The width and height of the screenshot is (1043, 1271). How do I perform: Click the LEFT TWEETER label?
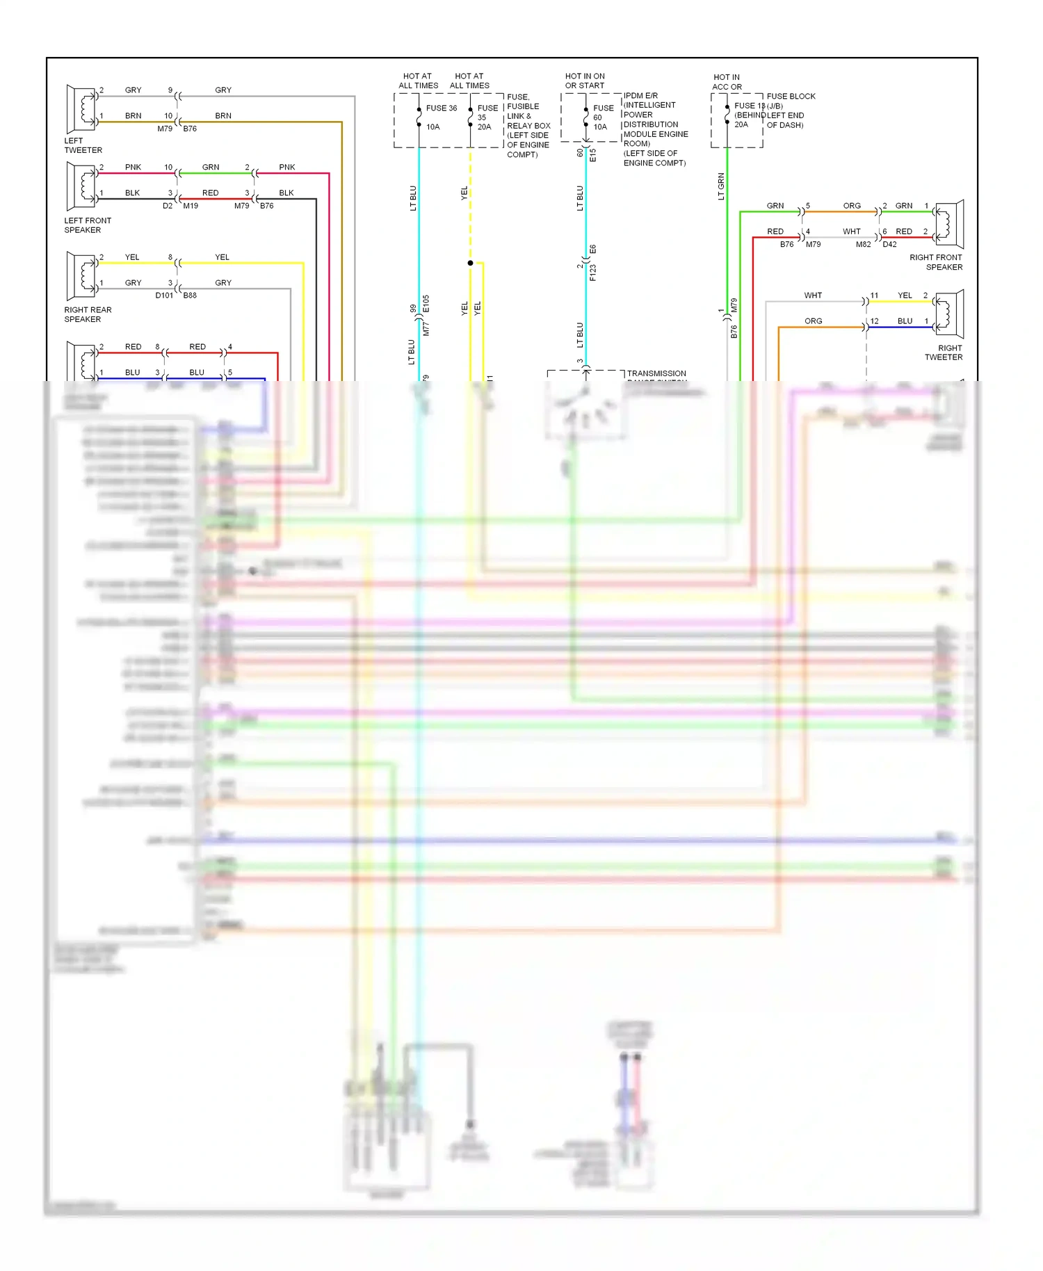tap(83, 145)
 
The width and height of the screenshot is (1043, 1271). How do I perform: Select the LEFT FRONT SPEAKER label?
tap(87, 225)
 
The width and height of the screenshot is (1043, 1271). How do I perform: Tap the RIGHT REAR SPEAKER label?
tap(87, 314)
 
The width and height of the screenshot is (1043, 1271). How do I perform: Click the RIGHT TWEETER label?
tap(944, 353)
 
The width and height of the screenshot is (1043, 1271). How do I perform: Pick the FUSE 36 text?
tap(441, 108)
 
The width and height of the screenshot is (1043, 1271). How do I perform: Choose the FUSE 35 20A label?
tap(487, 118)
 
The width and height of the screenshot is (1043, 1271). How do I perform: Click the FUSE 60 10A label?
tap(602, 118)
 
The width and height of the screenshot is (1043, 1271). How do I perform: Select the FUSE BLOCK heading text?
tap(791, 96)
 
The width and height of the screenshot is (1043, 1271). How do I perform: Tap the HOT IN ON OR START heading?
tap(584, 81)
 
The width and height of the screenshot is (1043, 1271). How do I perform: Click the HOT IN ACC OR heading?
tap(727, 82)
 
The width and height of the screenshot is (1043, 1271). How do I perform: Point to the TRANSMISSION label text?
tap(656, 373)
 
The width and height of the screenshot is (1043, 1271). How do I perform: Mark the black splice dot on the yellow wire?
tap(470, 263)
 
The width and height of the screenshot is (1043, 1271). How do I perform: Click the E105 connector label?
tap(426, 304)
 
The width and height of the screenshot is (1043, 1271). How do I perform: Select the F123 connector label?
tap(593, 273)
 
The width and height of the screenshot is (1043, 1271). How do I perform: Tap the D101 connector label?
tap(164, 296)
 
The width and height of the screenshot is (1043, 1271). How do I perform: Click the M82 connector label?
tap(863, 245)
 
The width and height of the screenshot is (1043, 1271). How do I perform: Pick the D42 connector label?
tap(889, 245)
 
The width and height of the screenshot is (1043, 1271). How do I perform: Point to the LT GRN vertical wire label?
tap(721, 186)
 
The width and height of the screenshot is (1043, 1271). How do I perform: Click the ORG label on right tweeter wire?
tap(813, 321)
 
